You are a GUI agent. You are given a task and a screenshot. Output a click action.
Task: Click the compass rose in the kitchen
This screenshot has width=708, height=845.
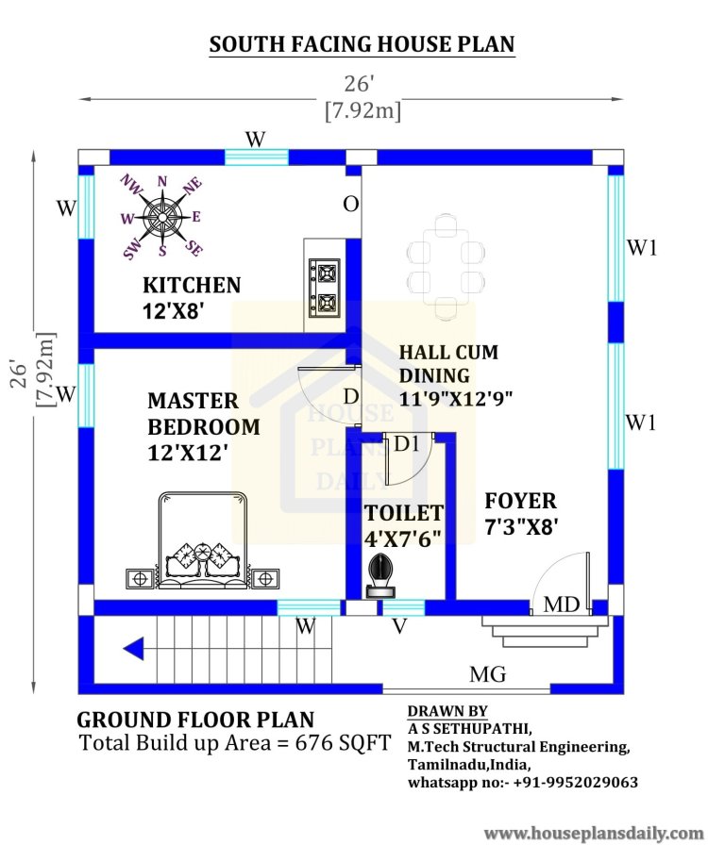click(x=161, y=217)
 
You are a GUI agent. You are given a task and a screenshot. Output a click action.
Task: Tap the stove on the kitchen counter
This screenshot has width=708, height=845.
click(x=325, y=289)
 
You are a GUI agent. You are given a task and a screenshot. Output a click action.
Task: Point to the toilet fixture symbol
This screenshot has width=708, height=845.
click(x=380, y=576)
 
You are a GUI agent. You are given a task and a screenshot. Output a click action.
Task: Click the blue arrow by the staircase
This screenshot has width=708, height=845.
click(x=134, y=648)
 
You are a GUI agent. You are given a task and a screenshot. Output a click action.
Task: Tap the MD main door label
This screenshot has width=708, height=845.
click(x=562, y=605)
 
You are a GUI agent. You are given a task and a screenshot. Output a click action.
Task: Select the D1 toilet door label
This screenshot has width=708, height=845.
click(x=406, y=443)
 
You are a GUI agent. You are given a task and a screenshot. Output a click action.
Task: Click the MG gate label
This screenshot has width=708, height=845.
click(x=488, y=674)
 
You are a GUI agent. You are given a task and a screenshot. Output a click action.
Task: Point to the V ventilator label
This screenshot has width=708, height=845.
click(x=399, y=626)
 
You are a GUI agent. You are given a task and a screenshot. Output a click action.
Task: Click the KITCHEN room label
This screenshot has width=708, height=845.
click(x=192, y=285)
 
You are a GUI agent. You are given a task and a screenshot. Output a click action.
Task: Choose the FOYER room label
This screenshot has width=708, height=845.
click(x=520, y=501)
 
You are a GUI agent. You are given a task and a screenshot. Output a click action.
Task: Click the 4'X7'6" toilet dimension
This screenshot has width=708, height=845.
click(x=402, y=538)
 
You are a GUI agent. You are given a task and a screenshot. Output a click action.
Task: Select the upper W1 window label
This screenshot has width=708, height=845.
click(x=642, y=248)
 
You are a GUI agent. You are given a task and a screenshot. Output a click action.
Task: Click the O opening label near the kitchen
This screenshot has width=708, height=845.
click(x=351, y=205)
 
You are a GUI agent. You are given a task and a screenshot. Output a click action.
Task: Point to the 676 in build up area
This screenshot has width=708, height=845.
click(x=314, y=742)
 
